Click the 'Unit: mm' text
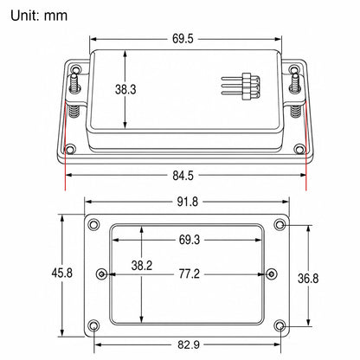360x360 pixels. tap(39, 16)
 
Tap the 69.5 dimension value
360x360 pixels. tap(183, 39)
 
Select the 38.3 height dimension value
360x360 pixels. tap(125, 89)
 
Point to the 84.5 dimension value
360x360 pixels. tap(183, 176)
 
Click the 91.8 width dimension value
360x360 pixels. tap(188, 202)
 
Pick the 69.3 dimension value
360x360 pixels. tap(190, 240)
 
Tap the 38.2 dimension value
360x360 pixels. tap(142, 266)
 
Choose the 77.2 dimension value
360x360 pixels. tap(190, 273)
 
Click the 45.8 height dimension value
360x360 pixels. tap(62, 273)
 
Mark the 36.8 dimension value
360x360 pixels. tap(308, 279)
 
